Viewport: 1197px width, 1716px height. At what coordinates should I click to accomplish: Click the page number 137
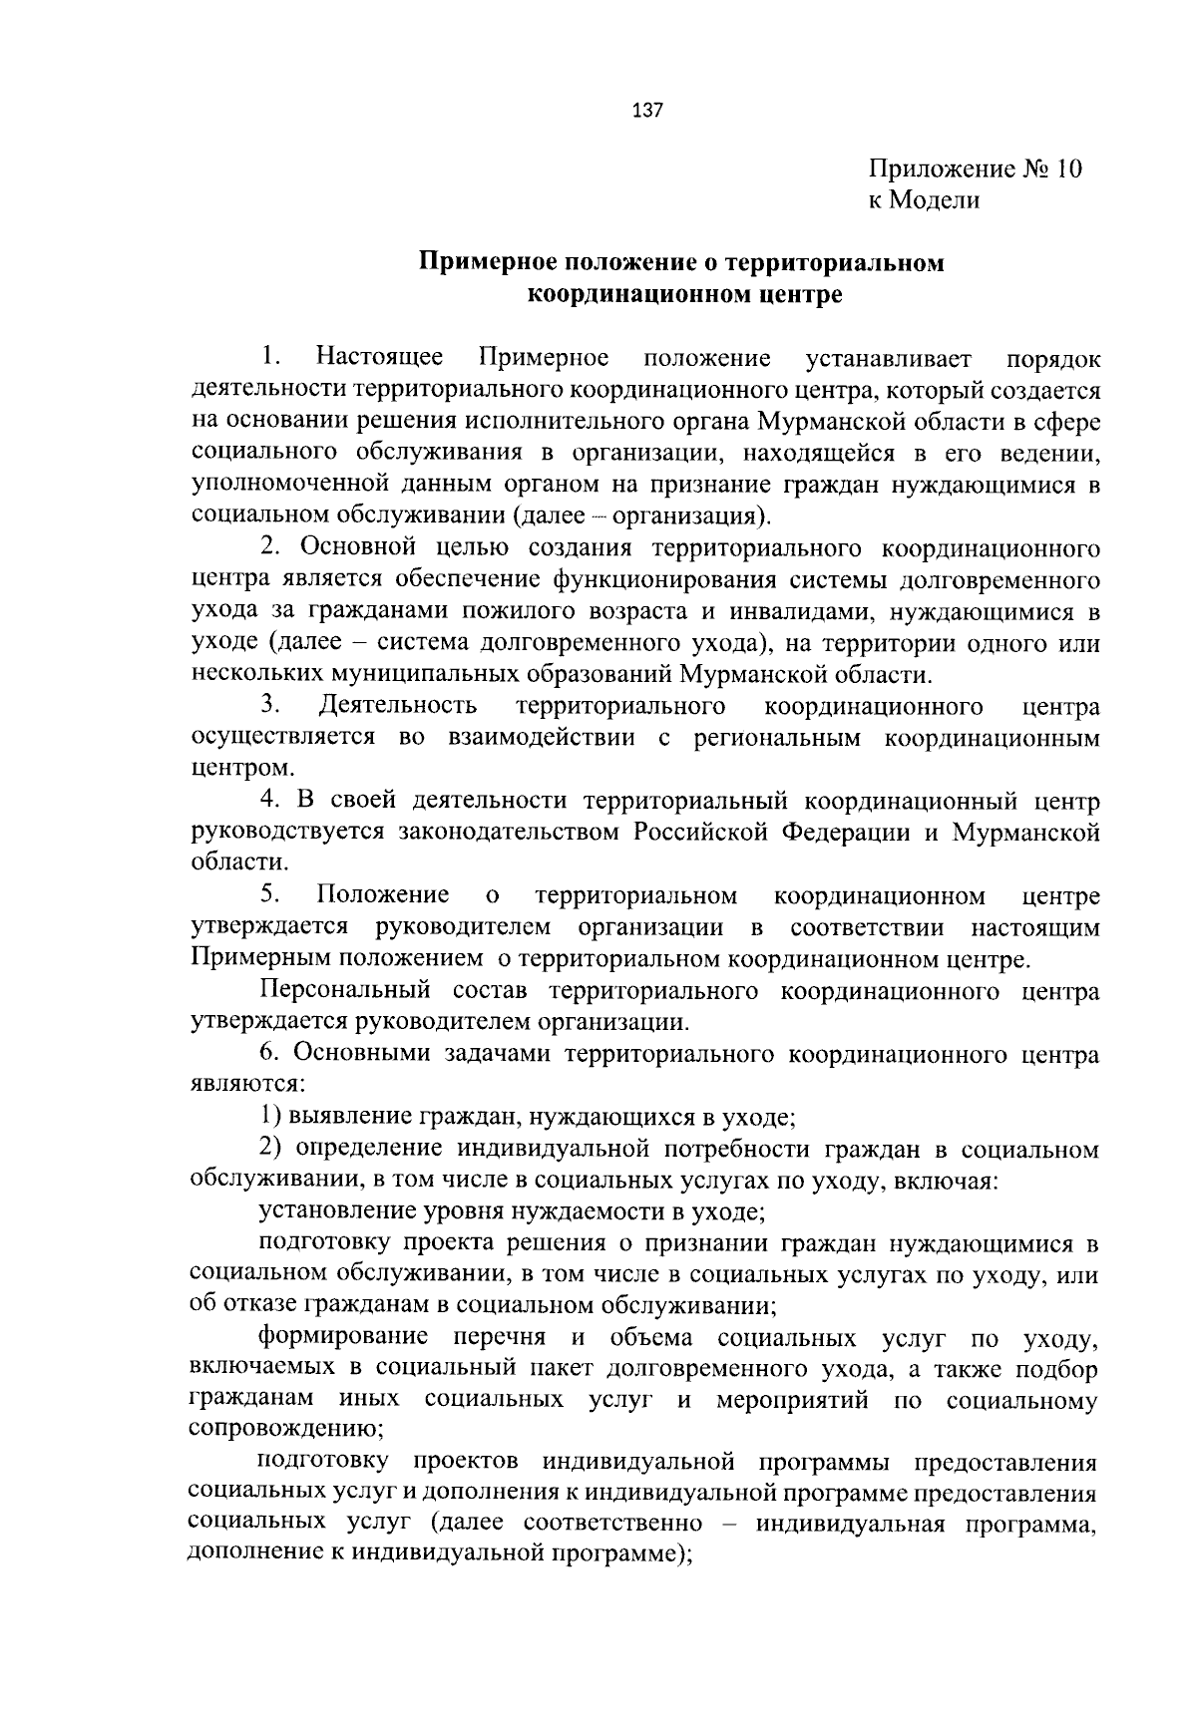647,110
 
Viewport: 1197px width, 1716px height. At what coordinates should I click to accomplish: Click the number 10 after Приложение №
1066,169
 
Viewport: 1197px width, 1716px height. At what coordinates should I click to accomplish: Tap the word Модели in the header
937,200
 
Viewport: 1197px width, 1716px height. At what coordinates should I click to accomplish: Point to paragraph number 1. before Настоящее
269,357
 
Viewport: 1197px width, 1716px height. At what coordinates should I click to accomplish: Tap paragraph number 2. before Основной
269,548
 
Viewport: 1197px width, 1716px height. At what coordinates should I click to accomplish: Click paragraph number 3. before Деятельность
269,707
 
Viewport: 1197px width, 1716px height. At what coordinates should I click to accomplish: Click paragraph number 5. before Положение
269,896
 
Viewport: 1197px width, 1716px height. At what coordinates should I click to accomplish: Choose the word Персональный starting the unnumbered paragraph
344,992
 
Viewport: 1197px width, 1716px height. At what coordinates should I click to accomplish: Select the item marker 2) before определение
269,1150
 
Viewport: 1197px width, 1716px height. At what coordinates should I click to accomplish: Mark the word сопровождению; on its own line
287,1430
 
